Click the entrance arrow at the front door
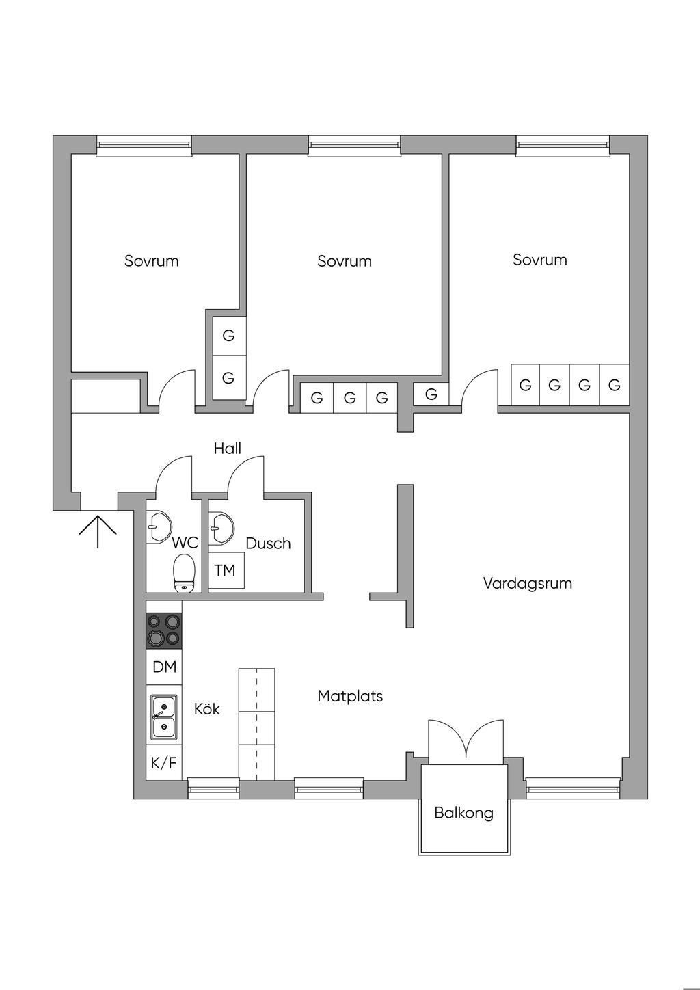pyautogui.click(x=98, y=531)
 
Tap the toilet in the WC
pyautogui.click(x=183, y=573)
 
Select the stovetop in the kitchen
pyautogui.click(x=164, y=630)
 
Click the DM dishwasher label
pyautogui.click(x=164, y=667)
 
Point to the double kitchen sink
pyautogui.click(x=164, y=717)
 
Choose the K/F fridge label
pyautogui.click(x=164, y=763)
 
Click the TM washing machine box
pyautogui.click(x=226, y=570)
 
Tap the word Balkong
pyautogui.click(x=463, y=813)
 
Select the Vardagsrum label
pyautogui.click(x=527, y=583)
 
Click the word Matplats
pyautogui.click(x=350, y=696)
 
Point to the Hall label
pyautogui.click(x=228, y=449)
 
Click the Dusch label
pyautogui.click(x=268, y=544)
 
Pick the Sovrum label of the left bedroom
pyautogui.click(x=151, y=260)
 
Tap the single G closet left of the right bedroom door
pyautogui.click(x=431, y=394)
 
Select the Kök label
pyautogui.click(x=206, y=709)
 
